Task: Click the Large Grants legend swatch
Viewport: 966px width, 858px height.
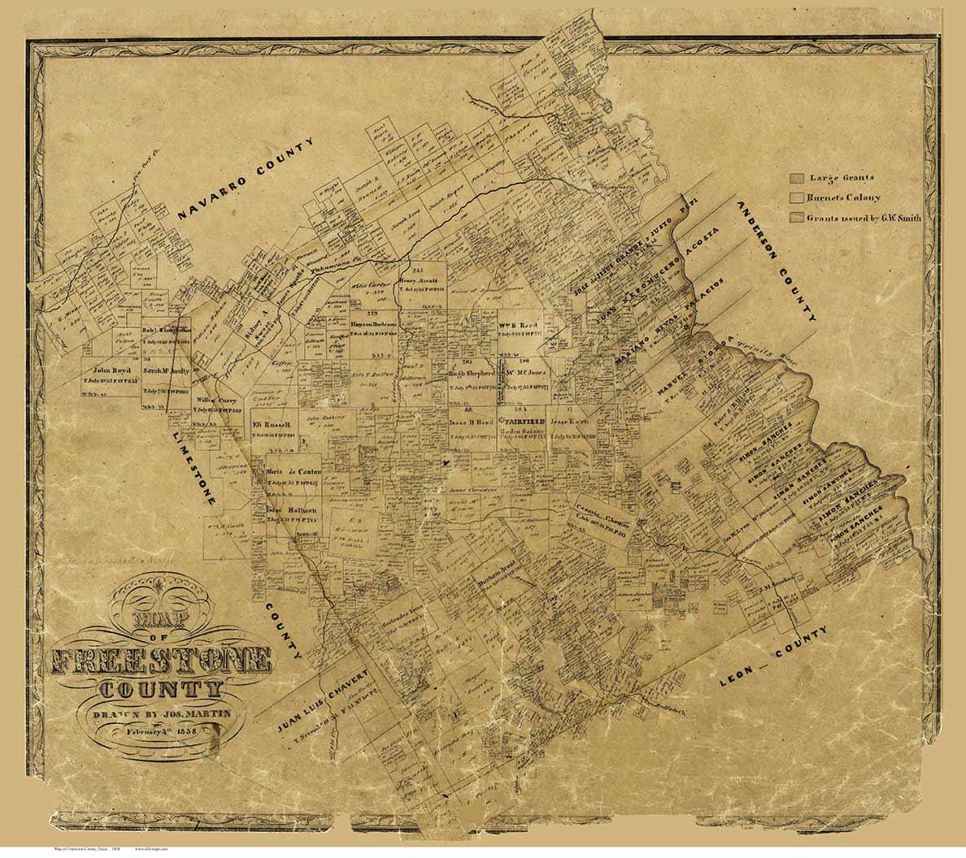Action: tap(797, 178)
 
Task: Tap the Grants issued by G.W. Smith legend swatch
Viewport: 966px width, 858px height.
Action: tap(797, 218)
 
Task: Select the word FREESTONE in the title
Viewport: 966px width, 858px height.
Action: tap(161, 662)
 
